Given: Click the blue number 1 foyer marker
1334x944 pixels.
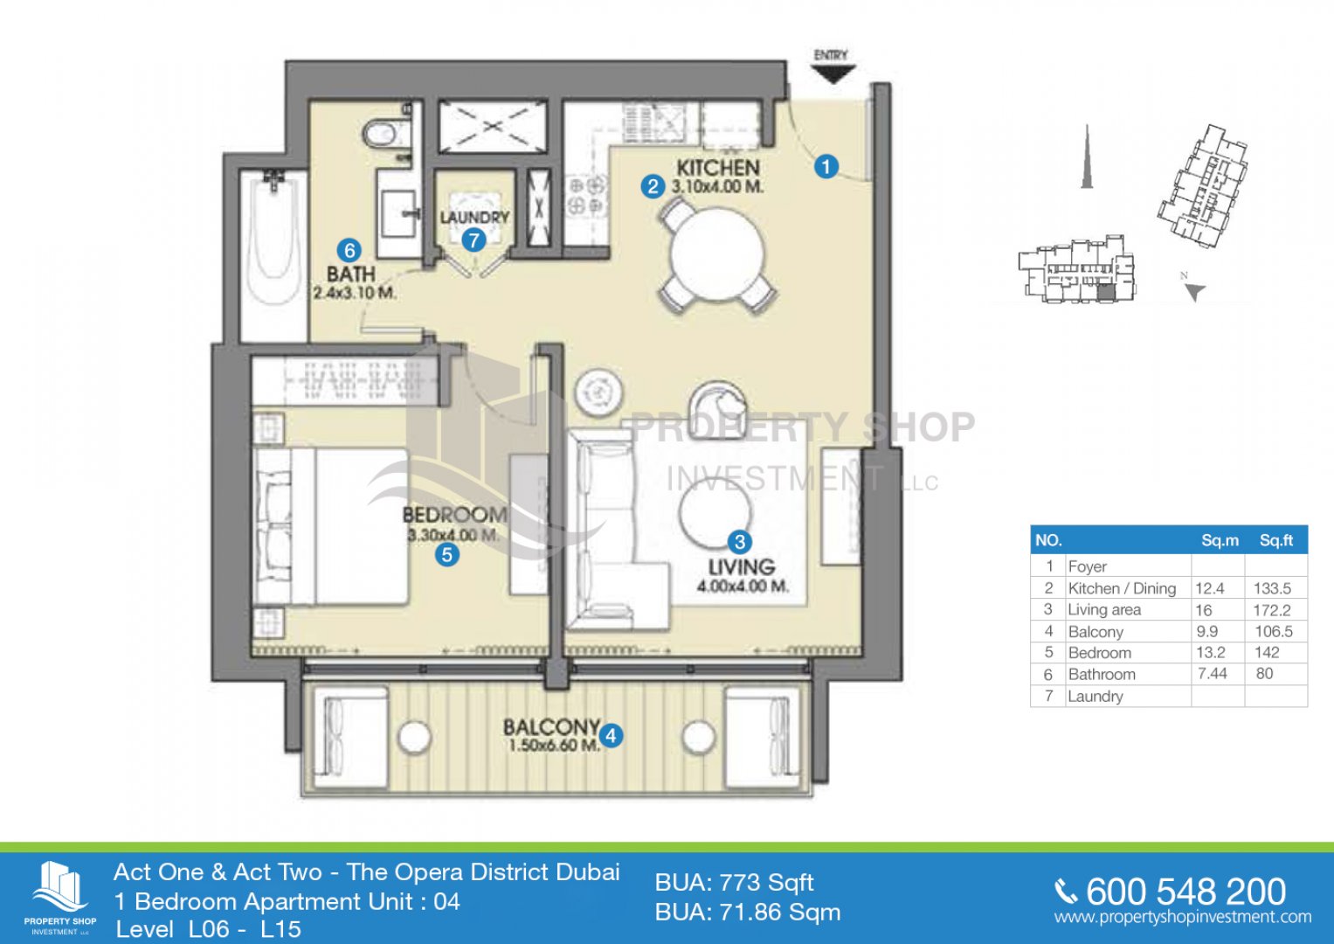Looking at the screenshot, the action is [826, 166].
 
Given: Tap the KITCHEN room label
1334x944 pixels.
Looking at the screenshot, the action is [717, 168].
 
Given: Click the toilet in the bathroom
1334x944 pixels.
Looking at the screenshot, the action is [384, 134].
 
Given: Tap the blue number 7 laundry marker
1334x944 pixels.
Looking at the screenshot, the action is [473, 240].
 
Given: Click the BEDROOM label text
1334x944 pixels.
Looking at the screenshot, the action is [454, 514].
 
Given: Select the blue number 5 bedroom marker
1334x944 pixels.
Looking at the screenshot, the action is [446, 555].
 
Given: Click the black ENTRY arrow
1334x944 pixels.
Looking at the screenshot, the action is [833, 73].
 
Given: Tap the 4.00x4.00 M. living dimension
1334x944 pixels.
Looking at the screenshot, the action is [743, 586].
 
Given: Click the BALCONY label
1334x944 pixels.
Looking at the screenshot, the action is [551, 727].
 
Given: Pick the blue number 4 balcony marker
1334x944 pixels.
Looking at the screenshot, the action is [611, 735].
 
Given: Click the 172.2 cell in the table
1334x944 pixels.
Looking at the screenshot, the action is [1271, 610].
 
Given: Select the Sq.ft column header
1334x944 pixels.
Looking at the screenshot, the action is [1275, 540].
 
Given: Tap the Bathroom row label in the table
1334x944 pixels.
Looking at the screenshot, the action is [1102, 674].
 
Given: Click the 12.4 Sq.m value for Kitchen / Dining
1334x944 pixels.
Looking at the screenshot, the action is [1210, 588].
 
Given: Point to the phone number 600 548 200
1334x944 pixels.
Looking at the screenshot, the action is [1185, 892].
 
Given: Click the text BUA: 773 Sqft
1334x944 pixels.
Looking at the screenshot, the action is [735, 883].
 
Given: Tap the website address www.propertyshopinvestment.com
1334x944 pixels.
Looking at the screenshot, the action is [1183, 917].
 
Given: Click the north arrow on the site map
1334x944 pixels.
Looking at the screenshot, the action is [1193, 291].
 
